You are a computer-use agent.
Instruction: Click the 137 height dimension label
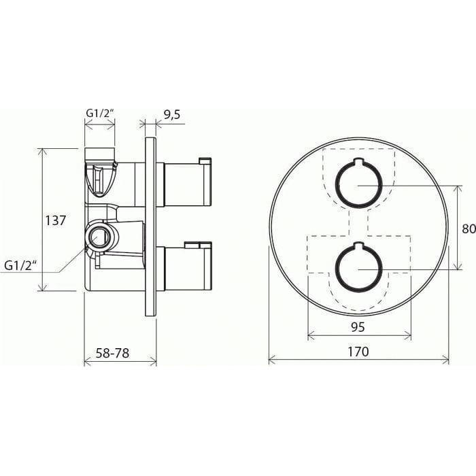(x=55, y=220)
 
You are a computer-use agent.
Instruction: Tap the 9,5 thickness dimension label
(x=172, y=114)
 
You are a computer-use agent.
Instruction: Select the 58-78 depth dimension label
(x=112, y=353)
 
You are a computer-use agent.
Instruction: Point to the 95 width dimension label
(x=358, y=327)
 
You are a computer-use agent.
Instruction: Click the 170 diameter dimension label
(x=358, y=352)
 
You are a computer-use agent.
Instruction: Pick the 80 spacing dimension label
(x=469, y=228)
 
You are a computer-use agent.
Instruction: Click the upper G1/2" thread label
(x=100, y=114)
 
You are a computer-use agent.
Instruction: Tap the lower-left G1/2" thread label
(x=20, y=266)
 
